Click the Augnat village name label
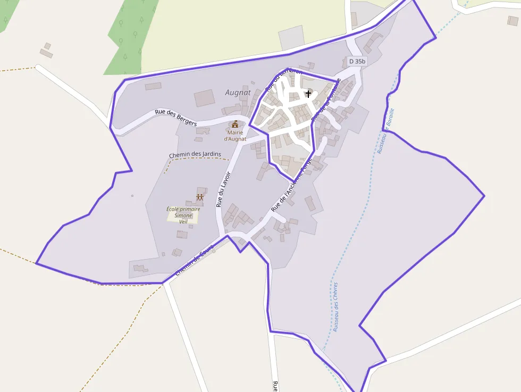pyautogui.click(x=238, y=92)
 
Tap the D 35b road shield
pyautogui.click(x=357, y=61)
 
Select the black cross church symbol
pyautogui.click(x=308, y=94)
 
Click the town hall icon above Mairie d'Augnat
pyautogui.click(x=235, y=124)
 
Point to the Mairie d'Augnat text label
pyautogui.click(x=235, y=136)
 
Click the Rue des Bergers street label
pyautogui.click(x=175, y=118)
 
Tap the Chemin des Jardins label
pyautogui.click(x=195, y=155)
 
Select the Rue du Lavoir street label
pyautogui.click(x=223, y=189)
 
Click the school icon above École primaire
pyautogui.click(x=200, y=198)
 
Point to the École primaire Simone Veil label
pyautogui.click(x=183, y=215)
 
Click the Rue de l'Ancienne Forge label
pyautogui.click(x=291, y=189)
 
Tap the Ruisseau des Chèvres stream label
pyautogui.click(x=335, y=307)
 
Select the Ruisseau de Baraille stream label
pyautogui.click(x=385, y=131)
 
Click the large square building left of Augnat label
pyautogui.click(x=204, y=98)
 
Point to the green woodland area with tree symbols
pyautogui.click(x=130, y=37)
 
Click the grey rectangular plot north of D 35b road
pyautogui.click(x=290, y=37)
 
